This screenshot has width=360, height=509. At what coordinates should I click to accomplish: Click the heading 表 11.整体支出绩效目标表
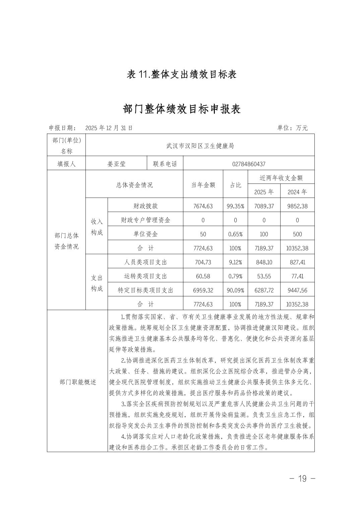(x=182, y=74)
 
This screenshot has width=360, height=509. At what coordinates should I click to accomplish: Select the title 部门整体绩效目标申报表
(x=182, y=109)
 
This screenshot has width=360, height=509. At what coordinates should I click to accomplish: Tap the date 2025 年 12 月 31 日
(x=109, y=128)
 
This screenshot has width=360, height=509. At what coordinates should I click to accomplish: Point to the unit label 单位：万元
(x=292, y=128)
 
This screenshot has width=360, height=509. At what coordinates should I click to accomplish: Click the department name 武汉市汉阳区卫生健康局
(x=200, y=146)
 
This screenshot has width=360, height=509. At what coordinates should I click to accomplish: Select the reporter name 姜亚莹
(x=116, y=164)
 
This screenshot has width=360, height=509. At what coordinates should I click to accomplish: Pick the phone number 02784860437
(x=249, y=164)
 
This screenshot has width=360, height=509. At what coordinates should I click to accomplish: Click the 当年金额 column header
(x=203, y=185)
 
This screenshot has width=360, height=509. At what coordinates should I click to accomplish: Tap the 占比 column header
(x=235, y=185)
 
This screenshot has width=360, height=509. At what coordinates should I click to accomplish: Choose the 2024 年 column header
(x=297, y=192)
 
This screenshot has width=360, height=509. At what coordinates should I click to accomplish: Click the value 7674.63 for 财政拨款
(x=203, y=206)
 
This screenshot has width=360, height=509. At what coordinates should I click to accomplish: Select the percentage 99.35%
(x=235, y=206)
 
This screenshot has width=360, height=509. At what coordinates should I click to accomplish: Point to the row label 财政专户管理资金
(x=145, y=220)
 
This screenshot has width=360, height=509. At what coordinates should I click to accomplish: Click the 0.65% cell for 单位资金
(x=235, y=234)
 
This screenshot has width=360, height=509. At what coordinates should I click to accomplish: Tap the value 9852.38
(x=297, y=206)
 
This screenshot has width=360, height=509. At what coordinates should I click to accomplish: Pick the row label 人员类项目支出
(x=145, y=262)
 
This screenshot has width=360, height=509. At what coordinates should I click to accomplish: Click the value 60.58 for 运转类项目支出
(x=203, y=276)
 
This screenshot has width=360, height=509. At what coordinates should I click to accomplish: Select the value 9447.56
(x=297, y=290)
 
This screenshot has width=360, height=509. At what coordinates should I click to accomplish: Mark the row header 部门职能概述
(x=78, y=382)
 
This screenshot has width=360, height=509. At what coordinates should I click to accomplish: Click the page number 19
(x=302, y=479)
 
